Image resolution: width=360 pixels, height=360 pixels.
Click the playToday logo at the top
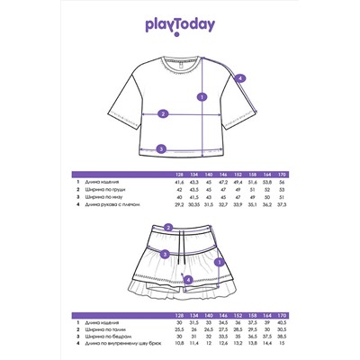180,26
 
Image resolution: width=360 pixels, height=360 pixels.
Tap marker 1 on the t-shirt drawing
202,97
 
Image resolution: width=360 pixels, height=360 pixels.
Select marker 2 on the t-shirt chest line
163,114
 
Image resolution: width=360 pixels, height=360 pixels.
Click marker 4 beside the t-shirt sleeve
240,79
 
